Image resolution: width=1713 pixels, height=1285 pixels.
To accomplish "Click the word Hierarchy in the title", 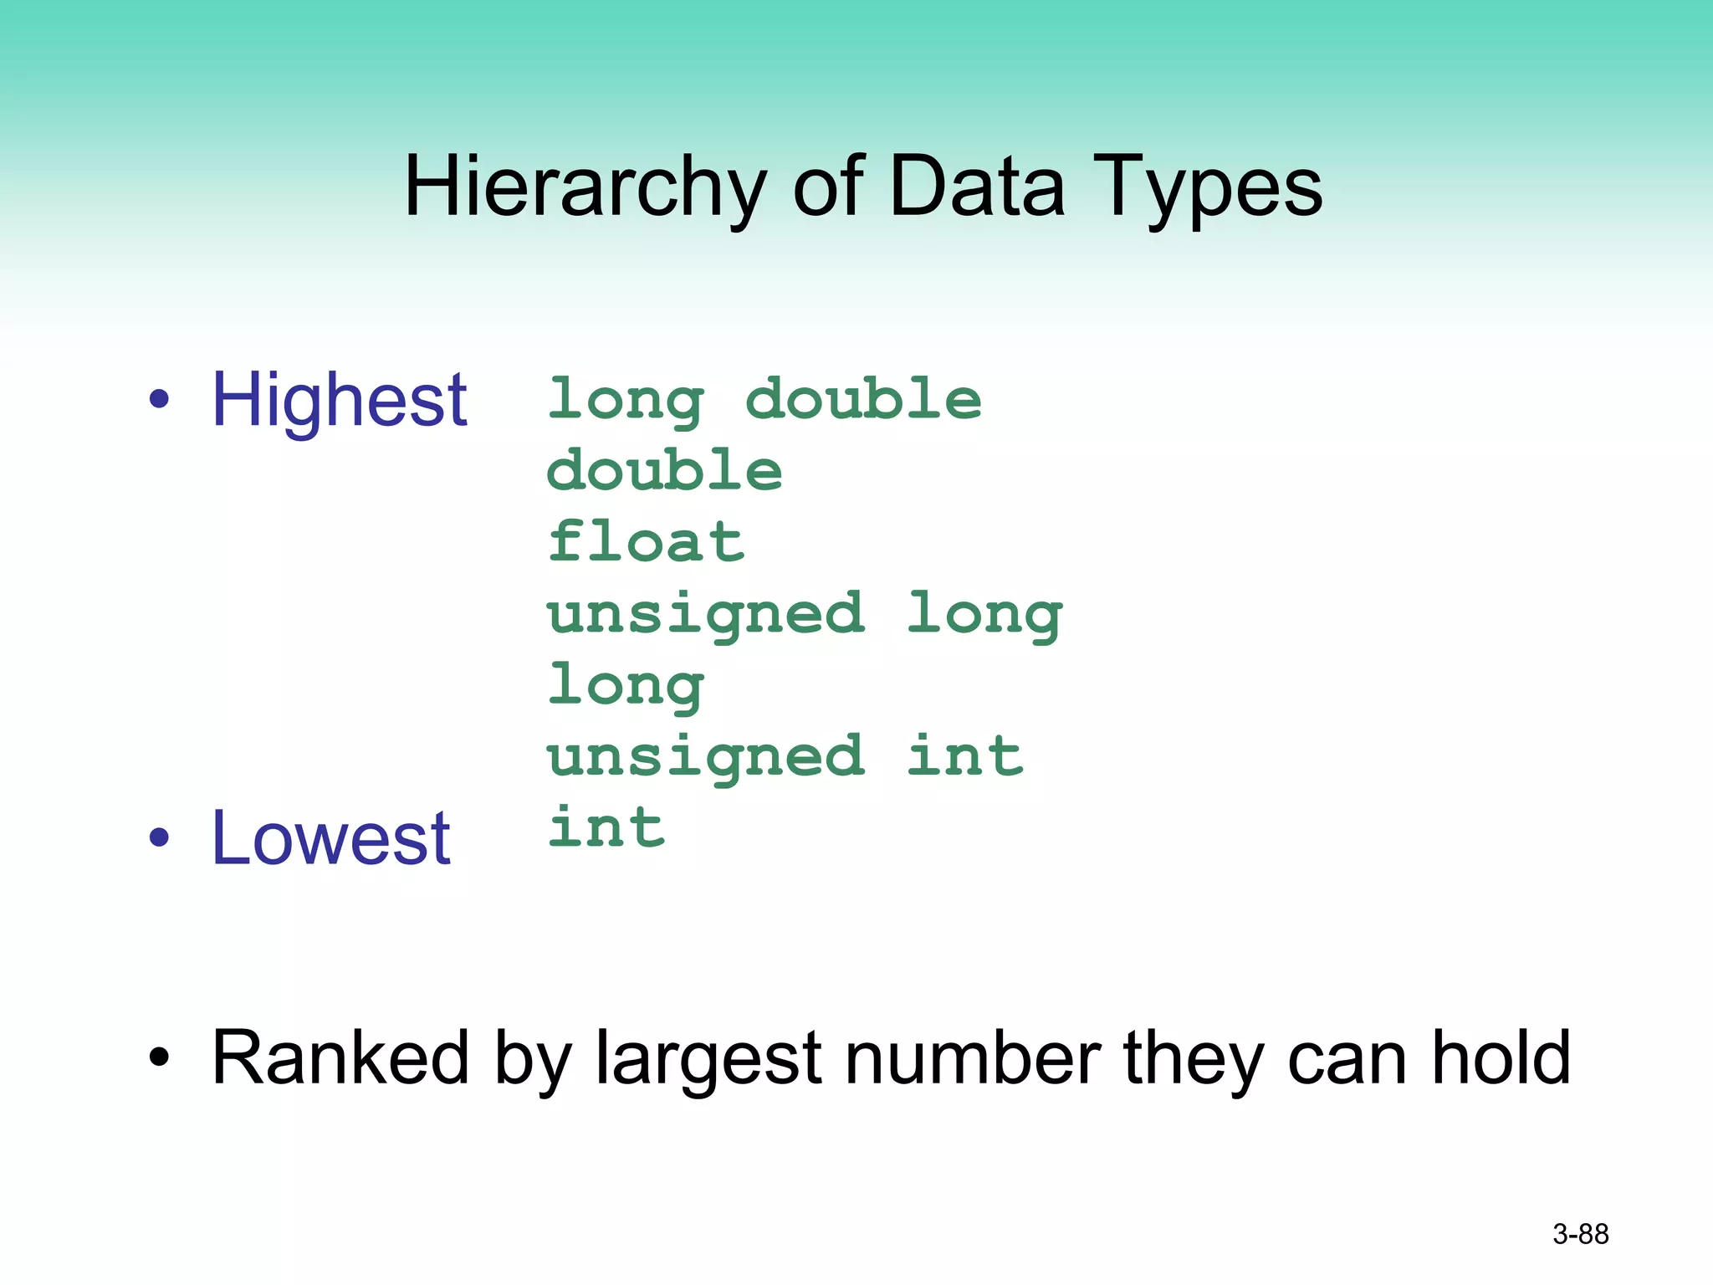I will tap(585, 188).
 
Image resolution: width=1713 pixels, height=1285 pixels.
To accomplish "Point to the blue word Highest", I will tap(339, 401).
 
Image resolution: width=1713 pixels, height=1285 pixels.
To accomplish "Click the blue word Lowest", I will tap(331, 838).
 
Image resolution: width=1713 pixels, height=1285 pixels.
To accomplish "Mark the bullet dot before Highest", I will tap(159, 400).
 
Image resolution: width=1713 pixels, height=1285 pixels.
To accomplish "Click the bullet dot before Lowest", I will tap(159, 837).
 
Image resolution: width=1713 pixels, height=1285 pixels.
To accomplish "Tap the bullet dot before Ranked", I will tap(159, 1058).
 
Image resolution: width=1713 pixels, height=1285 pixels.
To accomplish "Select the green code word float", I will tap(646, 542).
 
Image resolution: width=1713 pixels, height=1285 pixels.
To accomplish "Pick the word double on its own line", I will tap(665, 470).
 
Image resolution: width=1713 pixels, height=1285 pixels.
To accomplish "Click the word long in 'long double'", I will tap(626, 401).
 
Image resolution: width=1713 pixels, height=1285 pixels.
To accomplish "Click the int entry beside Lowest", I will tap(606, 828).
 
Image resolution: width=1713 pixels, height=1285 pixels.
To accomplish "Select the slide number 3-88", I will tap(1580, 1234).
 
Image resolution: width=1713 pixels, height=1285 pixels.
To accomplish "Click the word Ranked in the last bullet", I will tap(340, 1058).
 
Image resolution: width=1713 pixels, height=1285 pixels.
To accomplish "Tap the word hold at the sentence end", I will tap(1501, 1058).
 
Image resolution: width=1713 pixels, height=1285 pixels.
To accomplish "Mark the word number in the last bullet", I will tap(973, 1058).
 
